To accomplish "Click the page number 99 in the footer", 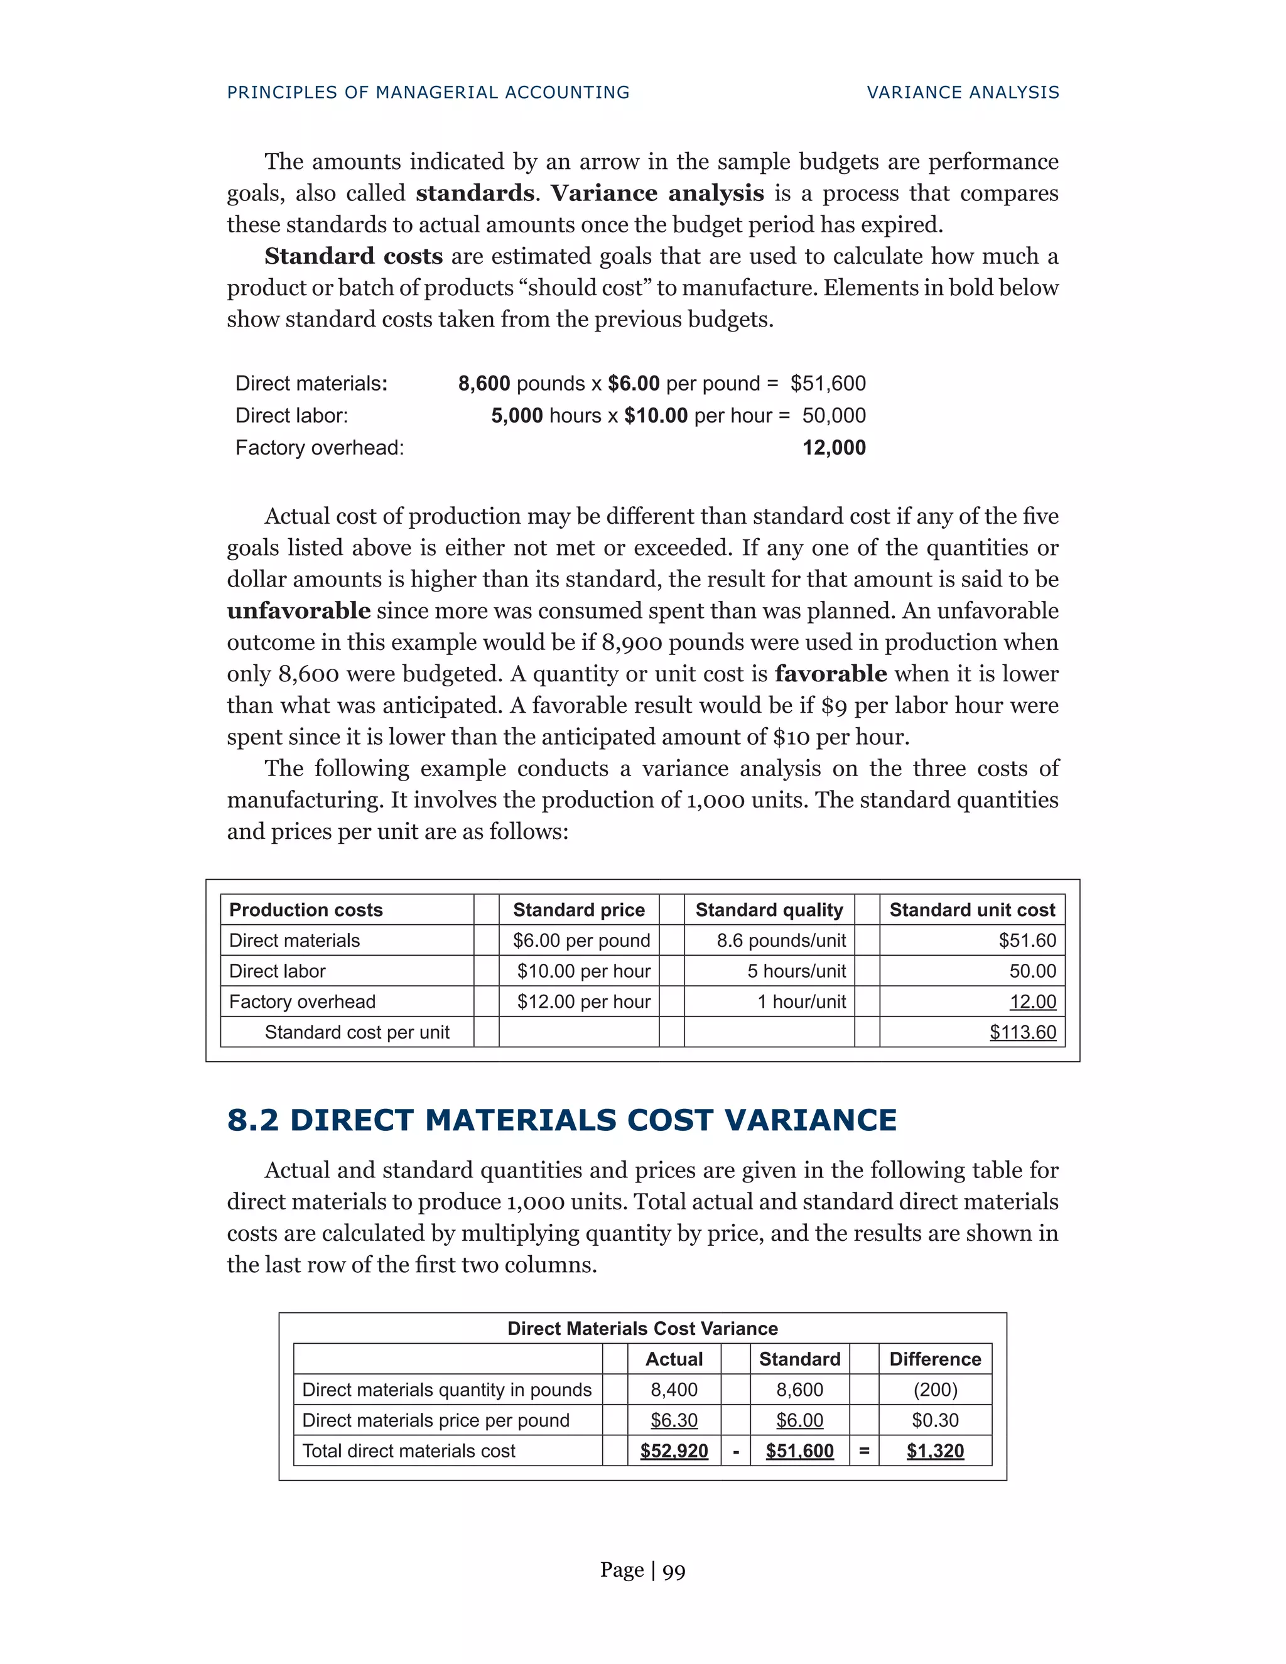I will click(x=674, y=1571).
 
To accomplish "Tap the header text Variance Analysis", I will click(x=963, y=92).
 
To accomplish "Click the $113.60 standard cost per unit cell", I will click(x=1022, y=1032).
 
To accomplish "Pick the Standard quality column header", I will click(x=769, y=910).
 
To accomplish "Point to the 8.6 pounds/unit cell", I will click(x=781, y=940).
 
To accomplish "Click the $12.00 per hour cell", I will click(x=583, y=1001).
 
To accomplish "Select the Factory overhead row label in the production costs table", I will click(x=303, y=1001).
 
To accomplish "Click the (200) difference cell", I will click(x=935, y=1390).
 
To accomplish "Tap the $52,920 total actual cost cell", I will click(x=674, y=1451).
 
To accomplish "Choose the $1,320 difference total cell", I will click(x=935, y=1451).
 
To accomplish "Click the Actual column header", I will click(x=674, y=1359).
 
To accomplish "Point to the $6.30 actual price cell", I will click(x=674, y=1420).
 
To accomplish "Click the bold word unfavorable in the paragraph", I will click(x=299, y=610).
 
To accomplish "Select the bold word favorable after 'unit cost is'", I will click(x=830, y=674).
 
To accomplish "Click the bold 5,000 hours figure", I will click(x=517, y=415).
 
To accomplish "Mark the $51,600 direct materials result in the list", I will click(x=828, y=383).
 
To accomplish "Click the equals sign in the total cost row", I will click(x=864, y=1451).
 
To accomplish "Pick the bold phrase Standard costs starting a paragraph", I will click(x=354, y=256).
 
